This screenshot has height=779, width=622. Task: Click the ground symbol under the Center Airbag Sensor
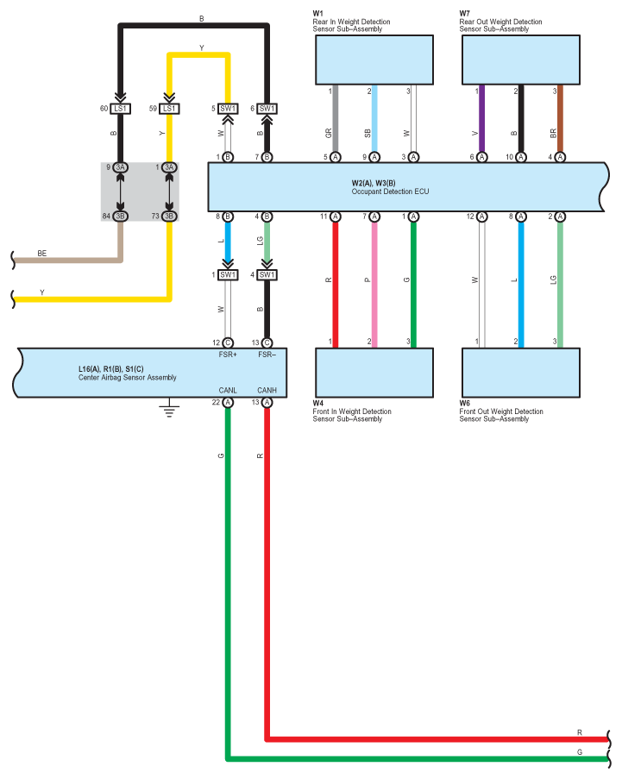point(169,408)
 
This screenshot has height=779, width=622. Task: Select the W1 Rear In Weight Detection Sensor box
point(374,60)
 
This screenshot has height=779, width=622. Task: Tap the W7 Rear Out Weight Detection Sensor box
point(521,60)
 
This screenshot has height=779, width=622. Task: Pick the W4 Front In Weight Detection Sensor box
point(374,373)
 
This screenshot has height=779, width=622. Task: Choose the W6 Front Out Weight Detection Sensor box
point(521,373)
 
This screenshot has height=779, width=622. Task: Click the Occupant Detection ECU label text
point(390,192)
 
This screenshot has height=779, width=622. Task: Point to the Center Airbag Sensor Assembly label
point(127,378)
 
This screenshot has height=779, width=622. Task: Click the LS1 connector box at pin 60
point(120,109)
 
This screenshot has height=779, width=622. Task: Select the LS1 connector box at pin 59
point(169,109)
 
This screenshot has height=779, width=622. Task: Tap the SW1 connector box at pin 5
point(228,109)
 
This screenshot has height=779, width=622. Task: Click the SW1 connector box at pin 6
point(267,109)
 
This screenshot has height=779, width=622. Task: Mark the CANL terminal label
point(228,391)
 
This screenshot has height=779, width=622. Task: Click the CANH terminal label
point(267,391)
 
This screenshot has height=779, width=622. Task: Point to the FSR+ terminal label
point(228,355)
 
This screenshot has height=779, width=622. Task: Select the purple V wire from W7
point(481,118)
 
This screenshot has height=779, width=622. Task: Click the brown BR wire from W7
point(560,118)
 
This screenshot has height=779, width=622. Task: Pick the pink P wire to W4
point(374,285)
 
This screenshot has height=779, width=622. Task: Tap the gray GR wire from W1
point(336,118)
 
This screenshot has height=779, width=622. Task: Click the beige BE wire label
point(41,254)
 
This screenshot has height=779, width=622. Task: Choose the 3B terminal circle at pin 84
point(120,217)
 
